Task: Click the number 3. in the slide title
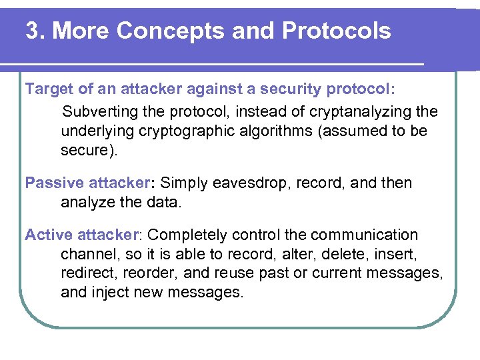pyautogui.click(x=35, y=31)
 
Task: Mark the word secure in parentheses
pyautogui.click(x=86, y=150)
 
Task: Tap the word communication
pyautogui.click(x=366, y=235)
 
